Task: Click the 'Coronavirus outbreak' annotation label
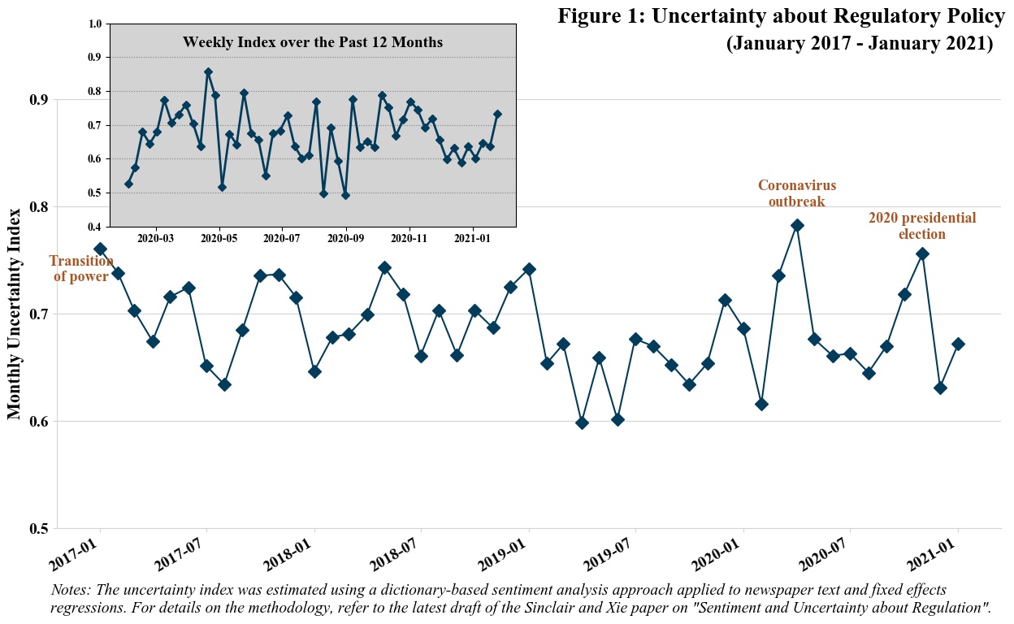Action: tap(796, 193)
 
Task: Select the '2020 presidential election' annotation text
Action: tap(921, 226)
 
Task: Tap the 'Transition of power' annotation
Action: tap(81, 269)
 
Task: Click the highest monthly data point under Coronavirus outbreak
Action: tap(797, 225)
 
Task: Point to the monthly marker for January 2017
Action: tap(100, 249)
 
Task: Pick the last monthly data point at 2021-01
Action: tap(958, 344)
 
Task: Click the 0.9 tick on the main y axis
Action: tap(39, 100)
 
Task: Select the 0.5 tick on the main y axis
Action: tap(39, 529)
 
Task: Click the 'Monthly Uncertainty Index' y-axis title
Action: tap(15, 314)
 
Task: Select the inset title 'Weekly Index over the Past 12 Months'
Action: tap(312, 42)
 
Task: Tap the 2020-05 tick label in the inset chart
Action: tap(219, 239)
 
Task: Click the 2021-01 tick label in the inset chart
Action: tap(472, 239)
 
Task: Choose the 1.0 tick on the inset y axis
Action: tap(96, 24)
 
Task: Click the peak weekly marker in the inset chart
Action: tap(208, 72)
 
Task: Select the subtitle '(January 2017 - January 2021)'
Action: tap(859, 43)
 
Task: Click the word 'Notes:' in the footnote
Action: tap(71, 590)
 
